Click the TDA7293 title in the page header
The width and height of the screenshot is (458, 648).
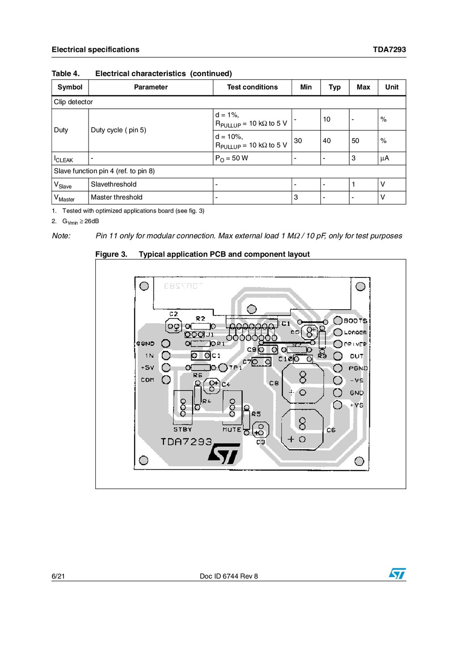click(x=389, y=50)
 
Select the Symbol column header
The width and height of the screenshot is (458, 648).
click(x=70, y=87)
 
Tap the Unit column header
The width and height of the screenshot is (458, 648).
click(x=391, y=87)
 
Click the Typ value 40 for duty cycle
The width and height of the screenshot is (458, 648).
click(x=327, y=141)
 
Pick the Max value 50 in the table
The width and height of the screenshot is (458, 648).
click(x=355, y=141)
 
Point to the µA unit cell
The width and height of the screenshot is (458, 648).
click(x=384, y=158)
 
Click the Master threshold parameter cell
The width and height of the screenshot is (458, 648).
click(x=116, y=197)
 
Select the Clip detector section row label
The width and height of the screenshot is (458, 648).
click(x=73, y=102)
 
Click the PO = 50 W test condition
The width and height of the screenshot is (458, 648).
click(x=232, y=158)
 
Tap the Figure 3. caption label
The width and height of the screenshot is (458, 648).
click(x=111, y=254)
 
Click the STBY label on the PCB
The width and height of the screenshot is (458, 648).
click(x=182, y=429)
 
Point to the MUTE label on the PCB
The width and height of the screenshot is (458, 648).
click(x=232, y=430)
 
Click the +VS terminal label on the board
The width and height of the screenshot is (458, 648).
click(x=356, y=405)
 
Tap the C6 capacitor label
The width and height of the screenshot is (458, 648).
click(x=331, y=430)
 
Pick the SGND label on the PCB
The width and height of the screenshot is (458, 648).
click(x=145, y=344)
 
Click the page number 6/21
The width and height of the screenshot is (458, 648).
click(x=58, y=576)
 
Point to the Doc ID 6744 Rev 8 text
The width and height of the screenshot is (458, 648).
click(x=229, y=576)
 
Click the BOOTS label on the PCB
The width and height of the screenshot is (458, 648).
click(x=355, y=321)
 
